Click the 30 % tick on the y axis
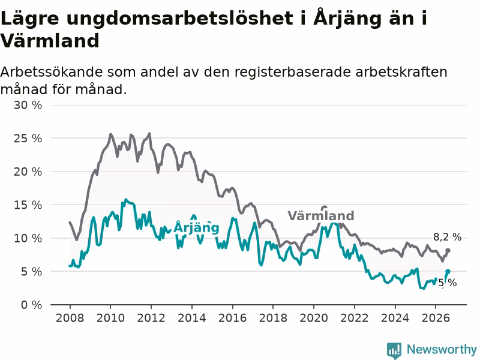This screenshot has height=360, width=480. [28, 106]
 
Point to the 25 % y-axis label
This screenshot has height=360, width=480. [28, 139]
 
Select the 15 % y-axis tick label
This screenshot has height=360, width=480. [28, 205]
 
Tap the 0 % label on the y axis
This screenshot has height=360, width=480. [31, 305]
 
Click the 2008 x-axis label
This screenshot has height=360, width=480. [70, 318]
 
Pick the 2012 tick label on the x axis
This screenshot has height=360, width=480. [151, 318]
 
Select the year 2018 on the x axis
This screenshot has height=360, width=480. [273, 318]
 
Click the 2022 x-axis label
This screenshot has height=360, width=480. [355, 318]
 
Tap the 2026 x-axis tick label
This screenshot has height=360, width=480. [436, 318]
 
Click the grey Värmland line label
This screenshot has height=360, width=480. [321, 216]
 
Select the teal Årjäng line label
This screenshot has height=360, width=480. [197, 227]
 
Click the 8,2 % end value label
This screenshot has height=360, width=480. [447, 237]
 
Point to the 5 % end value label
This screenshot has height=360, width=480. [448, 283]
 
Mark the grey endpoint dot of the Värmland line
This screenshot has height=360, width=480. [448, 250]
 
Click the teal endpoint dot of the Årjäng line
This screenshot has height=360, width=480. [448, 272]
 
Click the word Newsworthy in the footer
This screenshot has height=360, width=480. [442, 349]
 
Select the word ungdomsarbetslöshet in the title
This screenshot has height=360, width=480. [179, 19]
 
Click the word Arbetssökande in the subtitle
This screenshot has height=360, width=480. [52, 72]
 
